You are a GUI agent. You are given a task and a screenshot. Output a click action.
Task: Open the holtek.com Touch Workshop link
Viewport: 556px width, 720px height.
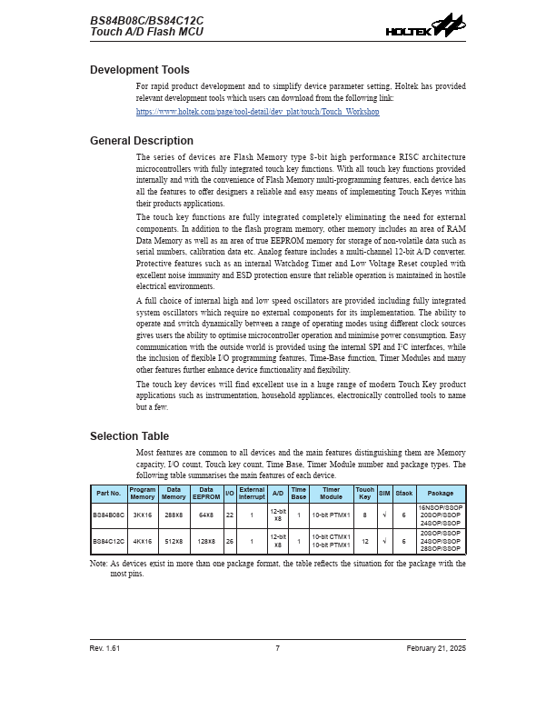(257, 112)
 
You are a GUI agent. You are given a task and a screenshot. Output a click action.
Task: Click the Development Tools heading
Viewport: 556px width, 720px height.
(140, 70)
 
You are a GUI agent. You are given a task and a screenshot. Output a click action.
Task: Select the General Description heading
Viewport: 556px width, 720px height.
(142, 141)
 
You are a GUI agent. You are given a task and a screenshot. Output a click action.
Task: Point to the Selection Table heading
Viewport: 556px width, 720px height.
(129, 436)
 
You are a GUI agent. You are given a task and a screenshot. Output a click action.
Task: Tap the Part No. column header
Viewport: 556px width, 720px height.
(108, 494)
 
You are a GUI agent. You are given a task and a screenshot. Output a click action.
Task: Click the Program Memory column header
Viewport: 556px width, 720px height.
(142, 494)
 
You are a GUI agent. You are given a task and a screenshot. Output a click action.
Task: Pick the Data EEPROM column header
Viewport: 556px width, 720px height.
(206, 494)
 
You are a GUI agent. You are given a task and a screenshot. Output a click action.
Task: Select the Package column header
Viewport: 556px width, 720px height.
(441, 494)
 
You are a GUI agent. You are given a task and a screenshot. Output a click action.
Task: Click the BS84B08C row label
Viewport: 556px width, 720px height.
(108, 515)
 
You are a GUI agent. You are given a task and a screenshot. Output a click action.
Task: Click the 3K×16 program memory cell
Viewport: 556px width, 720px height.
(142, 515)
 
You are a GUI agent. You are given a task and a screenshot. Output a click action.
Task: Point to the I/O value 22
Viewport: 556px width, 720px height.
(230, 515)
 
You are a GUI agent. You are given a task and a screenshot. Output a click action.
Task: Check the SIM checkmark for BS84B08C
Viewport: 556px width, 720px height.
(384, 515)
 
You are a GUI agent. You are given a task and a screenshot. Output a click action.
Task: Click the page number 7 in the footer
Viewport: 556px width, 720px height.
(277, 648)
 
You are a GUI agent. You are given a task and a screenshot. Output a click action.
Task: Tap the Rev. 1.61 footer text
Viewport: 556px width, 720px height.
(104, 648)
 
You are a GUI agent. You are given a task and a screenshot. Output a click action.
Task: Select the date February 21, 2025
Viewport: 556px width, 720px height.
(436, 648)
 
